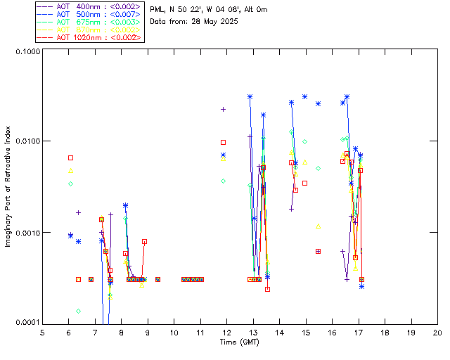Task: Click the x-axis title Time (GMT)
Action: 240,342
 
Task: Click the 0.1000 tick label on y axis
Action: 28,52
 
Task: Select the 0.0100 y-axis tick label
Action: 28,142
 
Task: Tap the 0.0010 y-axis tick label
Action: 28,233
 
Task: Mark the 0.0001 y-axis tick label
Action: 28,323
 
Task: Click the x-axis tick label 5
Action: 42,333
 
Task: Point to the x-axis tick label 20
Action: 437,333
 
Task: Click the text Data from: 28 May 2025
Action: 194,22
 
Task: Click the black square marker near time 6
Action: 70,157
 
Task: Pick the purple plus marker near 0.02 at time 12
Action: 223,109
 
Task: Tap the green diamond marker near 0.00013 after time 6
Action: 78,311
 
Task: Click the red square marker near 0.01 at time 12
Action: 223,143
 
